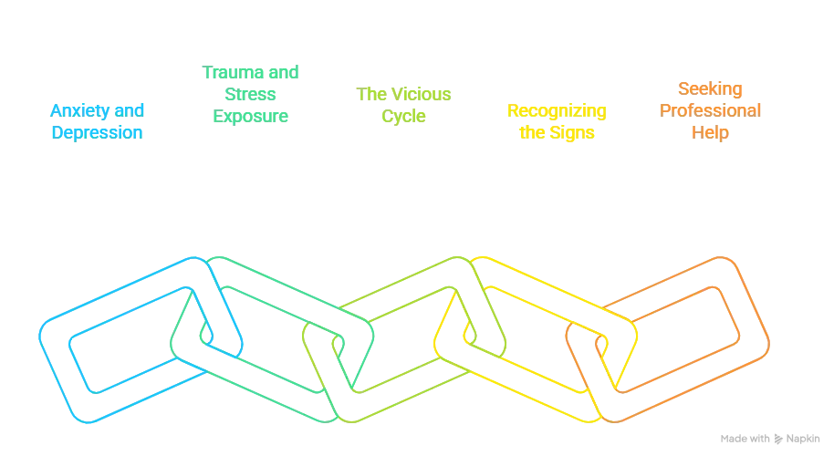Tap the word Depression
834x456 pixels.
point(97,133)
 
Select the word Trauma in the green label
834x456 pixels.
point(227,72)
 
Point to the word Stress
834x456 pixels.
point(250,94)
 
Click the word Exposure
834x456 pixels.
point(251,117)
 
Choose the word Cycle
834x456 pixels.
point(403,117)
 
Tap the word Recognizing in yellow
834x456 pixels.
point(557,111)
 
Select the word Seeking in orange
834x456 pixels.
point(710,89)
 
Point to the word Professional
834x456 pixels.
point(710,110)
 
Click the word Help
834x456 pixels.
point(710,133)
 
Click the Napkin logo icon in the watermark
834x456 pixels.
point(778,439)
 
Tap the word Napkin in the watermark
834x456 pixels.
point(803,439)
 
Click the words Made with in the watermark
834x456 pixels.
point(745,439)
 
